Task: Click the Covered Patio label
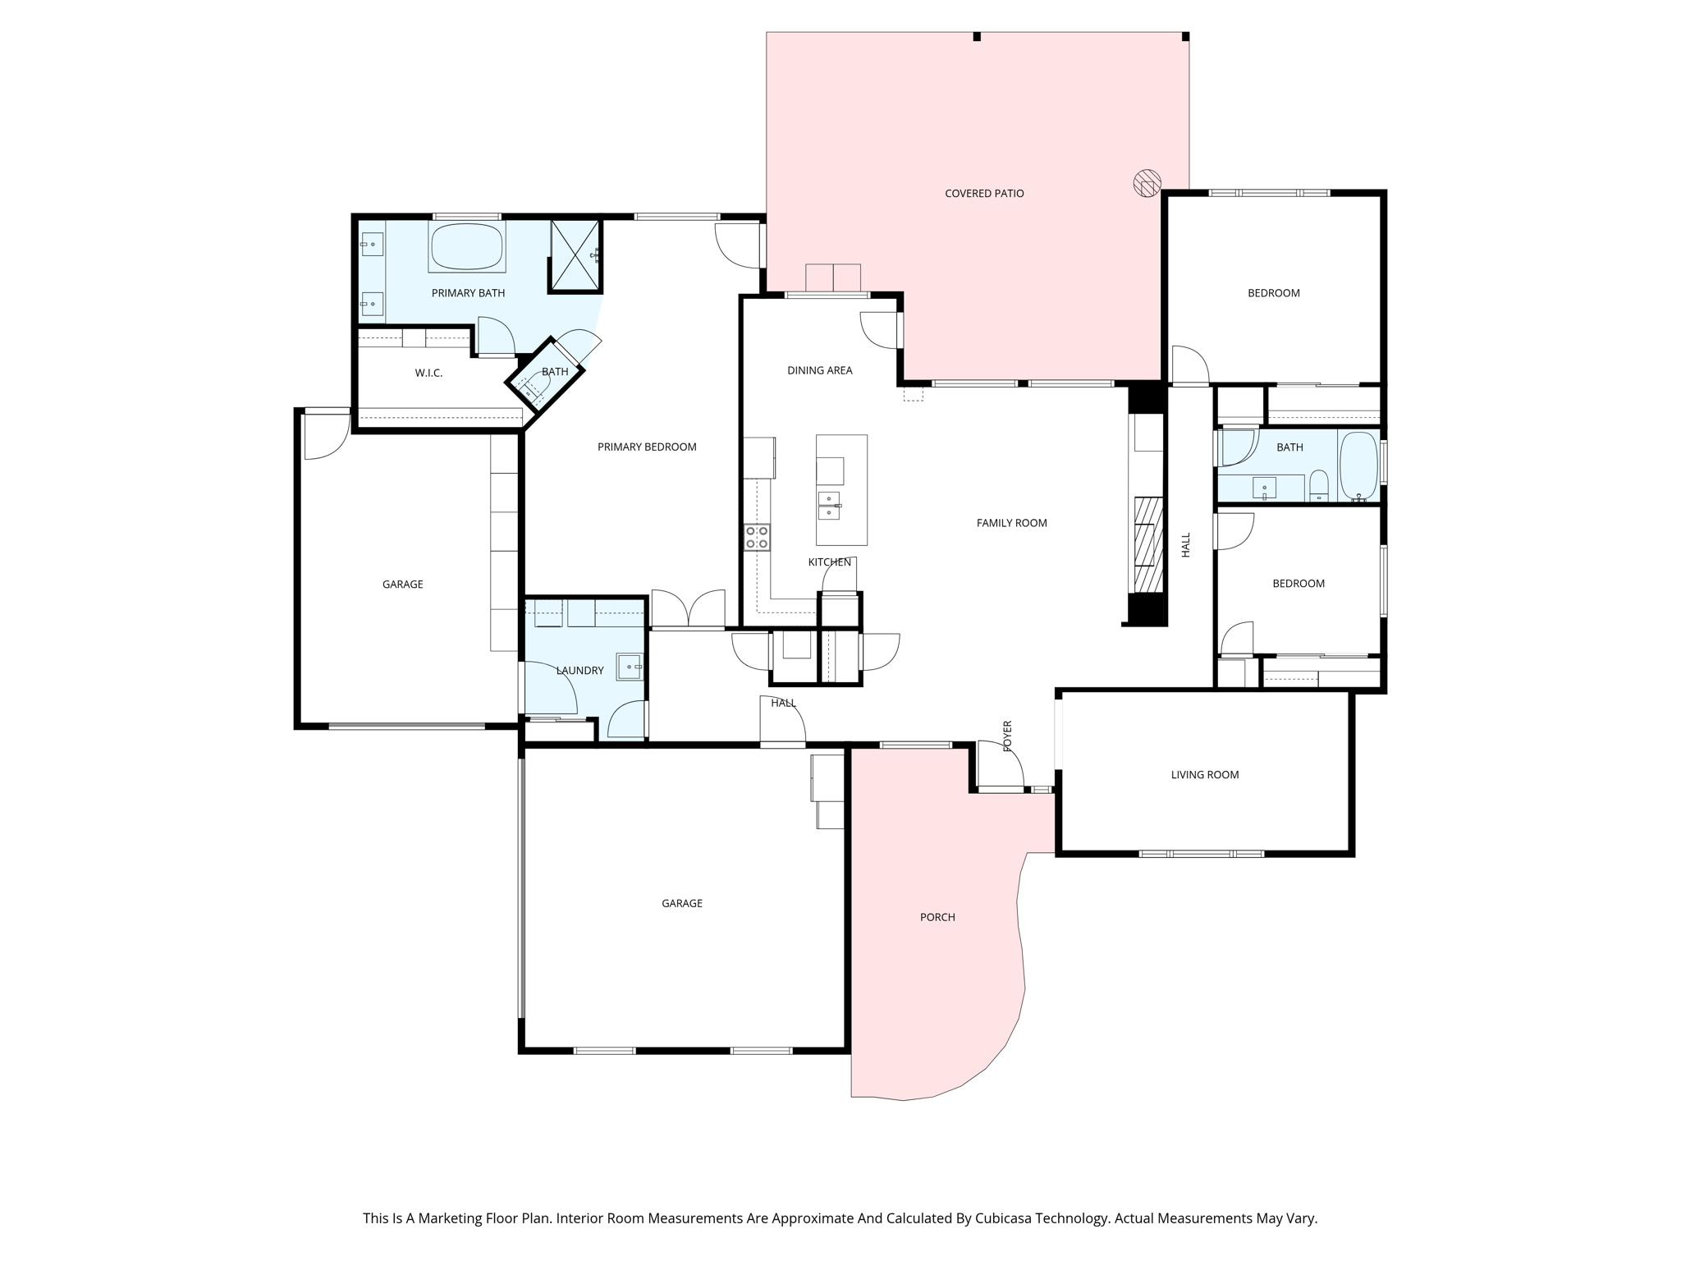click(984, 194)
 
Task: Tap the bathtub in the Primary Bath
click(466, 245)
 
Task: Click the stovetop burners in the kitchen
click(757, 538)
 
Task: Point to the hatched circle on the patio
click(1147, 182)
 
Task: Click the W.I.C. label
click(428, 373)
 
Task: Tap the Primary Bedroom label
click(647, 447)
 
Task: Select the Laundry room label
click(579, 671)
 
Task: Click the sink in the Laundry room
click(630, 667)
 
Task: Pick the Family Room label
click(1012, 523)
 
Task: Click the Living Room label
click(1205, 775)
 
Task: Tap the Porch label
click(937, 918)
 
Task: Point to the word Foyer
click(1007, 736)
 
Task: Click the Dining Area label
click(820, 371)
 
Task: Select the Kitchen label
click(830, 562)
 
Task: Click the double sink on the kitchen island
click(829, 506)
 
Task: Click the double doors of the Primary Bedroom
click(689, 608)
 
